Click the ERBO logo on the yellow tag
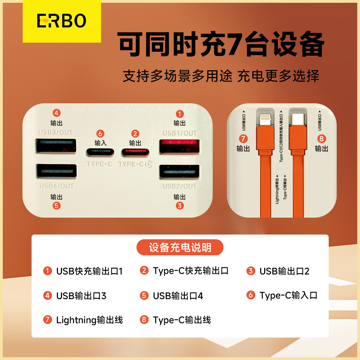point(61,21)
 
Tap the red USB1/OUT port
point(179,146)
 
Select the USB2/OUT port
point(179,172)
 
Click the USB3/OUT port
point(56,146)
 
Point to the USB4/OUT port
point(57,171)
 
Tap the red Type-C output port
point(135,152)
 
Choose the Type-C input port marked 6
point(100,152)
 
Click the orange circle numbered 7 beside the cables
point(243,139)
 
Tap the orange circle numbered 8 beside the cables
point(321,139)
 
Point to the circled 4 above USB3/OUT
point(56,113)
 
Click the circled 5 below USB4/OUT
point(56,206)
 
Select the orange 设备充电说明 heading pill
point(180,247)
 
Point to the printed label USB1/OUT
point(179,133)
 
